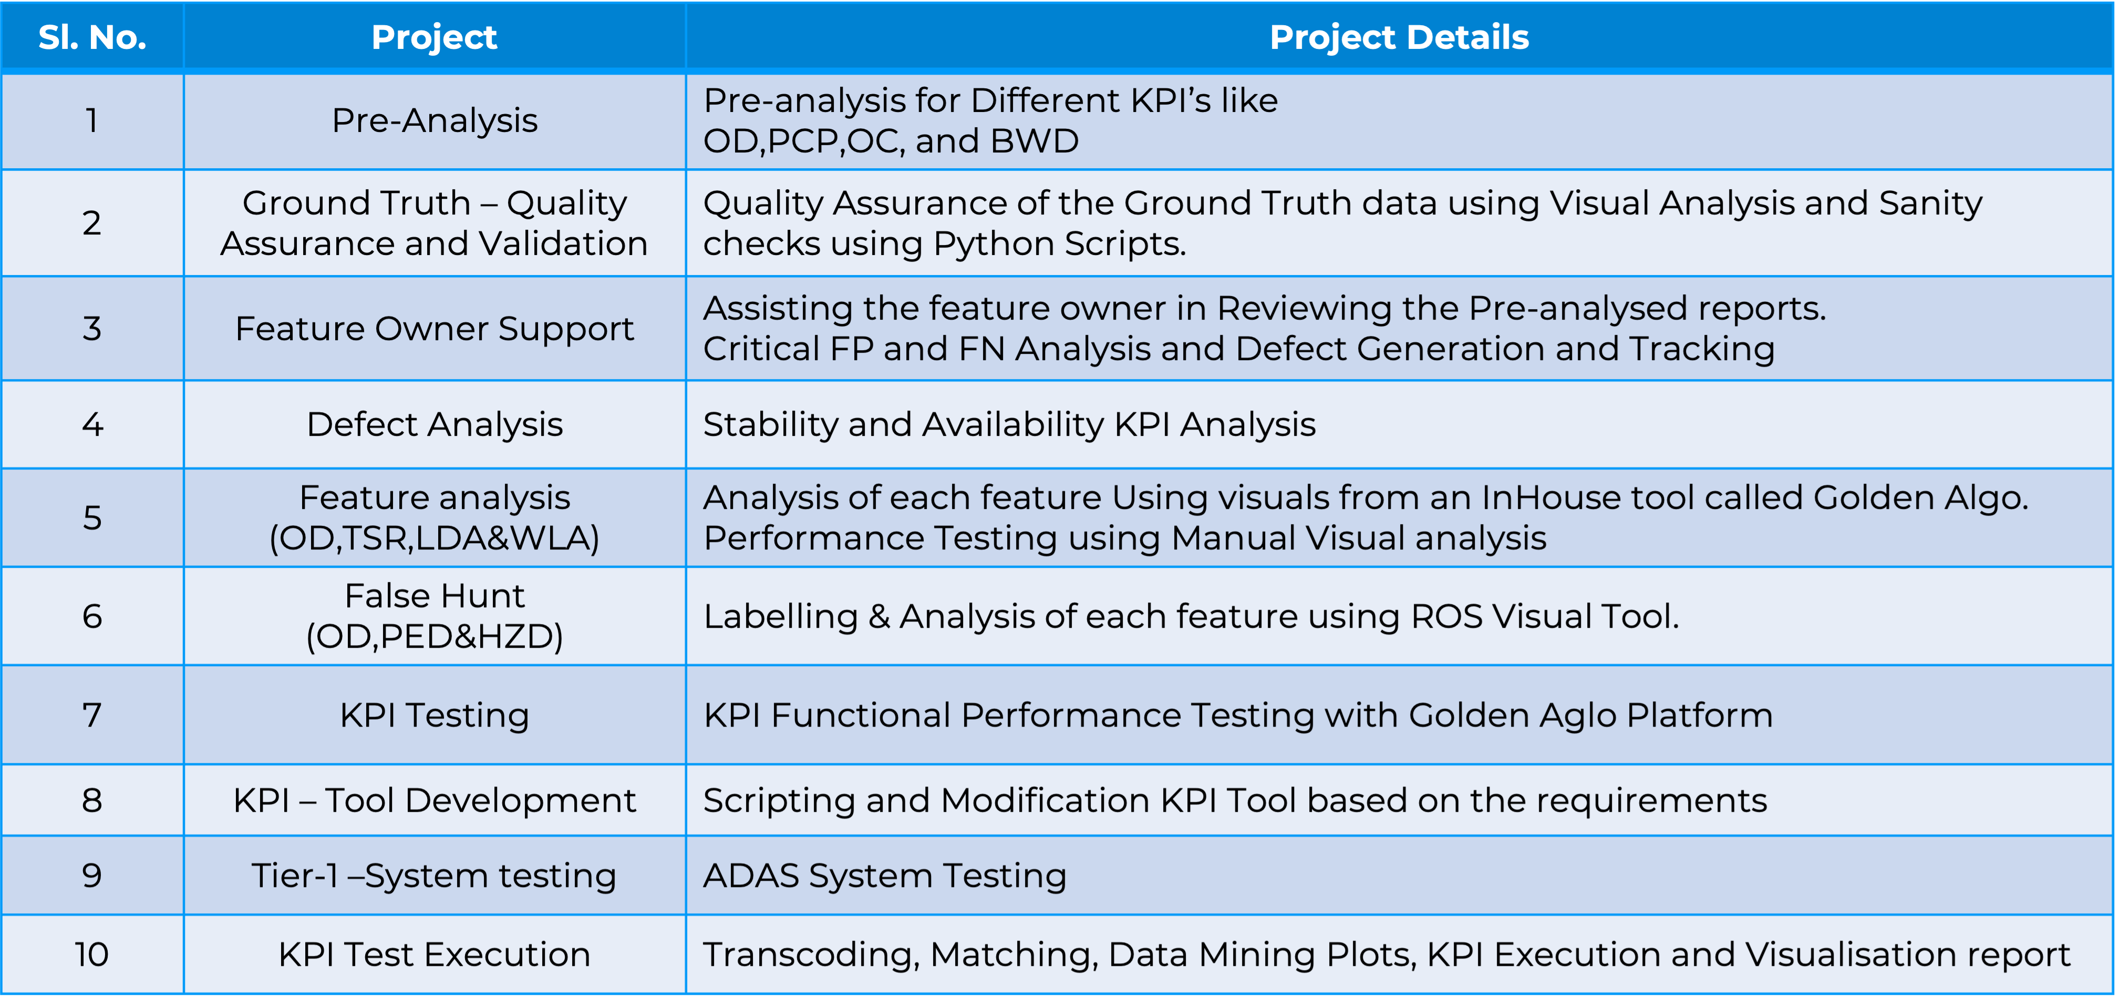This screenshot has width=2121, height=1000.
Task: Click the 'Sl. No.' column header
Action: [92, 37]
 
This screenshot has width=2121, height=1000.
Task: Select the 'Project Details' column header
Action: [1399, 37]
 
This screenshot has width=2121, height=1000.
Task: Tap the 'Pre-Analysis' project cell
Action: [434, 120]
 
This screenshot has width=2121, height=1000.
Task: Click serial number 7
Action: [92, 714]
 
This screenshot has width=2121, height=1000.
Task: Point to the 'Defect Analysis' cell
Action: [434, 424]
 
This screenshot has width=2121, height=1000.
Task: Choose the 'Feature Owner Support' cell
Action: [434, 328]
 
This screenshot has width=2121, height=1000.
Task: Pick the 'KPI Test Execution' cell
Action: [434, 954]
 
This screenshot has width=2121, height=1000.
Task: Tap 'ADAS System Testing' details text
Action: [885, 875]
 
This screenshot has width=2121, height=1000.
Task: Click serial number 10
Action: [92, 954]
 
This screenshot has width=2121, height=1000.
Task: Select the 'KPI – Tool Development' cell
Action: [434, 800]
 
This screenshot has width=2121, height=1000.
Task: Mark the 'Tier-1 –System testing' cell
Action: [434, 875]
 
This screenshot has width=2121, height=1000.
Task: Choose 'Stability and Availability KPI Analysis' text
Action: [1009, 425]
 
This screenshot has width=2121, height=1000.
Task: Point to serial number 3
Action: [92, 328]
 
